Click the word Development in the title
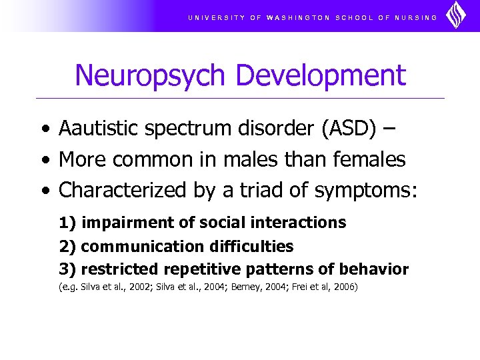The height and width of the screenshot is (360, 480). [x=321, y=75]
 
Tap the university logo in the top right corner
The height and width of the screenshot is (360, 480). [x=457, y=15]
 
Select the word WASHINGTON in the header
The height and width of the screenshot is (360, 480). [x=298, y=17]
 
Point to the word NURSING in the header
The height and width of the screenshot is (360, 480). [x=417, y=17]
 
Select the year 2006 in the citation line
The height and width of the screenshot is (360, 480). [x=345, y=287]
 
